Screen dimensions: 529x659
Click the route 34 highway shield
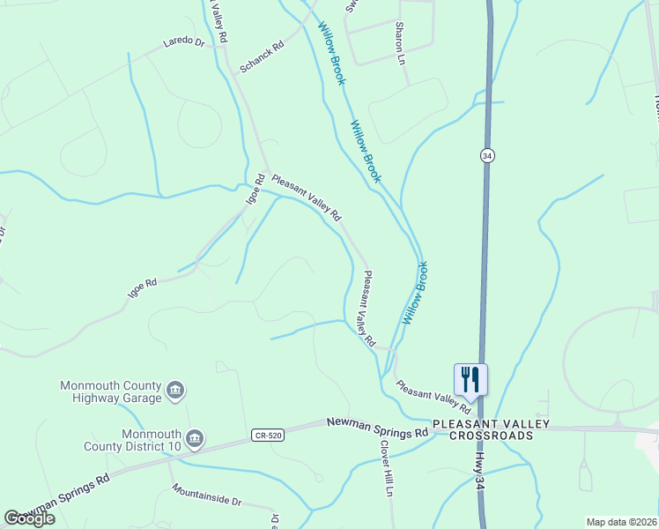click(x=487, y=155)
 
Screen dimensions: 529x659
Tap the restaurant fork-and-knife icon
click(x=470, y=380)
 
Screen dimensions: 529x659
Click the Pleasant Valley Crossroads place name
click(x=491, y=430)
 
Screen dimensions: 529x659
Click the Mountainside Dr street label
click(x=207, y=495)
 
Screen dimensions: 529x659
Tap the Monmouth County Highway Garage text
click(x=111, y=391)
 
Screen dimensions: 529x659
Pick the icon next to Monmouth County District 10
click(x=195, y=438)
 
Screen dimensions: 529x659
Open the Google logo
click(x=29, y=518)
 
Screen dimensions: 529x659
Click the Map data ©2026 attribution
click(x=621, y=522)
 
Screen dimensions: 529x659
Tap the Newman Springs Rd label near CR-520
click(x=377, y=428)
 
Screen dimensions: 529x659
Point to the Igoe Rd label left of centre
click(x=142, y=287)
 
